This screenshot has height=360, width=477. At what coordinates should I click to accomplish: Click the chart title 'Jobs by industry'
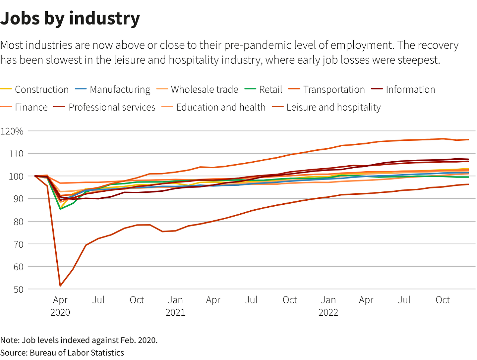(x=70, y=19)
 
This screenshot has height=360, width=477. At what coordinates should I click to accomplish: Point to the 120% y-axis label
(x=12, y=131)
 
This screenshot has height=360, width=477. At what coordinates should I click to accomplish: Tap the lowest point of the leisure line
(x=60, y=286)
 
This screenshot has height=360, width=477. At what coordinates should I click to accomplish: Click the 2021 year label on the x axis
(x=175, y=312)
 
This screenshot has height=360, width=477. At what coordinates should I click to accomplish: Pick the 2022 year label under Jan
(x=328, y=312)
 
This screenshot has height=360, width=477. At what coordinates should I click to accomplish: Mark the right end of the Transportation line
(x=468, y=140)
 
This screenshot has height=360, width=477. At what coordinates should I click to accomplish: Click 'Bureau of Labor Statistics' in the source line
(x=77, y=353)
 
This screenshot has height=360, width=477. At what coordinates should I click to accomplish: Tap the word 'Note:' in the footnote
(x=10, y=340)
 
